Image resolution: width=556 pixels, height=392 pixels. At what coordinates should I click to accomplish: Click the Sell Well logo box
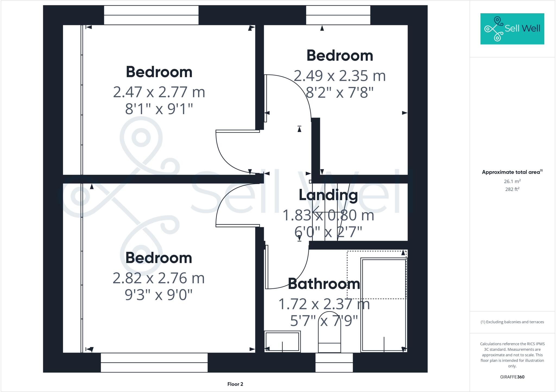pos(512,29)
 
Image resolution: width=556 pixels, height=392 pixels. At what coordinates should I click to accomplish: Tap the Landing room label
pos(328,195)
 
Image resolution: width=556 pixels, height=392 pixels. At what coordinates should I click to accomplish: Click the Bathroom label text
pos(324,284)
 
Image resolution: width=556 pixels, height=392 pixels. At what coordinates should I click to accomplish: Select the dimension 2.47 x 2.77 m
pos(159,92)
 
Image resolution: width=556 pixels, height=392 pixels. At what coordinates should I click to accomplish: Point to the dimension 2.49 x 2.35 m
pos(340,76)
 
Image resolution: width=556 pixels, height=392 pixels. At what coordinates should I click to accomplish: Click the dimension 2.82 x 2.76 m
pos(159,278)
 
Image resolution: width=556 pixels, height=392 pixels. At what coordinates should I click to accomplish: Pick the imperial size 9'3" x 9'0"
pos(159,295)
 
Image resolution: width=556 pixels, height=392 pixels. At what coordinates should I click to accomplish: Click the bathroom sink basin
pos(282,342)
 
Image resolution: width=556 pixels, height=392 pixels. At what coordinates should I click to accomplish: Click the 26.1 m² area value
pos(512,181)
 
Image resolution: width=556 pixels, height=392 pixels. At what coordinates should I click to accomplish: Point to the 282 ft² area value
pos(512,189)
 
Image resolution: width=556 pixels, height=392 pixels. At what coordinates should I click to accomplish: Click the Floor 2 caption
pos(235,384)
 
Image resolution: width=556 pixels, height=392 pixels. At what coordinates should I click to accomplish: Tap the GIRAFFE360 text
pos(512,377)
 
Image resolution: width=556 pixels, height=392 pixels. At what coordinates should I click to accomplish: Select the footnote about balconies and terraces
pos(512,322)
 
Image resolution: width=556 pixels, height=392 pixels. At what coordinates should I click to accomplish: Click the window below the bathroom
pos(334,362)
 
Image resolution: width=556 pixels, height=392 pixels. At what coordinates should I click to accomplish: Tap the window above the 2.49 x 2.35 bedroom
pos(338,15)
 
